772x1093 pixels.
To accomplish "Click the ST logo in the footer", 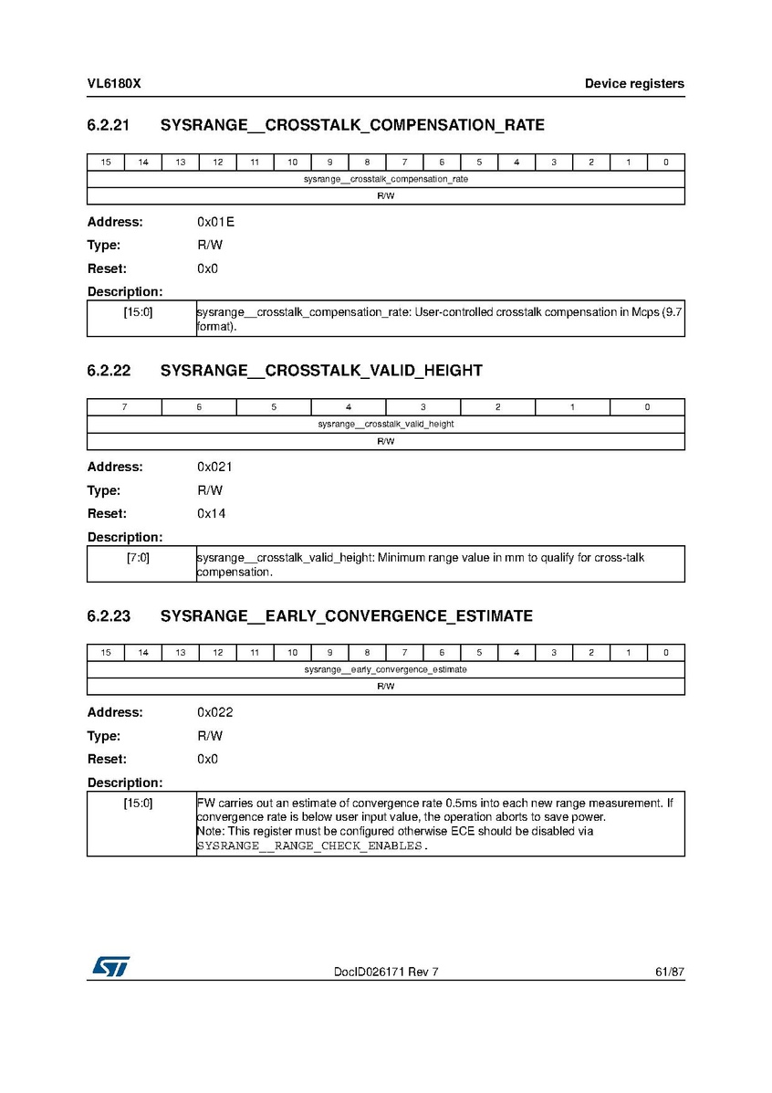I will pyautogui.click(x=110, y=966).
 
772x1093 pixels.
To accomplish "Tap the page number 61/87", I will pyautogui.click(x=669, y=972).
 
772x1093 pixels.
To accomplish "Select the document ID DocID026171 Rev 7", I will pyautogui.click(x=386, y=972).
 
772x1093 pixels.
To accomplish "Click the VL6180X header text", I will pyautogui.click(x=114, y=84).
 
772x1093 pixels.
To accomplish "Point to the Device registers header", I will pyautogui.click(x=634, y=84).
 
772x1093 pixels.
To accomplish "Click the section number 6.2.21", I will pyautogui.click(x=110, y=126).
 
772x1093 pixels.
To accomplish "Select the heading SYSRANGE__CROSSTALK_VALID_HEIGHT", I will pyautogui.click(x=321, y=371).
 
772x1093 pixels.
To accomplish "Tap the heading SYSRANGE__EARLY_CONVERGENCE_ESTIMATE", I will pyautogui.click(x=346, y=616).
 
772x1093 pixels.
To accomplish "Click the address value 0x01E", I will pyautogui.click(x=215, y=222).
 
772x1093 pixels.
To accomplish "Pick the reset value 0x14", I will pyautogui.click(x=212, y=513).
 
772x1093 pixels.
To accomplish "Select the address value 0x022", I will pyautogui.click(x=215, y=712).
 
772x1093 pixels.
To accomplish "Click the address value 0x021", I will pyautogui.click(x=215, y=467).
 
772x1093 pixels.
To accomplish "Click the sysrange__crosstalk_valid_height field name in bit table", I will pyautogui.click(x=386, y=425).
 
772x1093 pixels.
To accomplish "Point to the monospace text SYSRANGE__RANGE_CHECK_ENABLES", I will pyautogui.click(x=310, y=846).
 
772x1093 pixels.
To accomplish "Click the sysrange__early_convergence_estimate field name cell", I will pyautogui.click(x=386, y=669).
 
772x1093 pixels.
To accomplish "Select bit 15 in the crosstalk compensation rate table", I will pyautogui.click(x=106, y=163).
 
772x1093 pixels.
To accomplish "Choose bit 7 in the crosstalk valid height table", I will pyautogui.click(x=124, y=407).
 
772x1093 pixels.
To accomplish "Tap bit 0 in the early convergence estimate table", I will pyautogui.click(x=666, y=653).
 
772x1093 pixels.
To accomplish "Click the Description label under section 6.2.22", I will pyautogui.click(x=125, y=537).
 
